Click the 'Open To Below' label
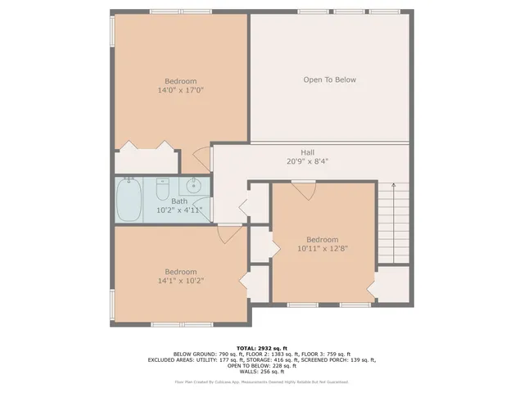tap(329, 79)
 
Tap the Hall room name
tap(307, 152)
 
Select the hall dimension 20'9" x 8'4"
tap(307, 161)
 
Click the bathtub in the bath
tap(129, 200)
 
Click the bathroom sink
tap(195, 185)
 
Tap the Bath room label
tap(179, 201)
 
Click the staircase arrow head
tap(393, 185)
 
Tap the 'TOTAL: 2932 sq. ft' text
tap(262, 347)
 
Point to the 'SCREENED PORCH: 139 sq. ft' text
tap(335, 359)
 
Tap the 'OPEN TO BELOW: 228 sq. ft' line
tap(262, 365)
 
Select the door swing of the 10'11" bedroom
tap(304, 190)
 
